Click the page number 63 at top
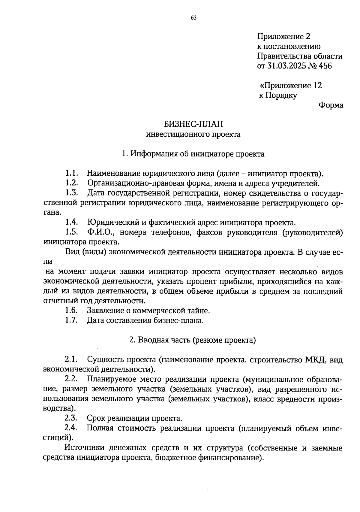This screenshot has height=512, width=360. (193, 18)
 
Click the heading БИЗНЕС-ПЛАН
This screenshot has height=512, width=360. (193, 124)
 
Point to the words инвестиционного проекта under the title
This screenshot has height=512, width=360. (193, 134)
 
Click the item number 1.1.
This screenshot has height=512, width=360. (72, 174)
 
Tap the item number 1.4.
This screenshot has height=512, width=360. (72, 223)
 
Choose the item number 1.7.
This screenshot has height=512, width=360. (72, 320)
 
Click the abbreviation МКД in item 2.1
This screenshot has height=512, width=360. (316, 359)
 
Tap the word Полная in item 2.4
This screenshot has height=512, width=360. (100, 428)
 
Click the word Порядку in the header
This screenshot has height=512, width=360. (281, 95)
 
